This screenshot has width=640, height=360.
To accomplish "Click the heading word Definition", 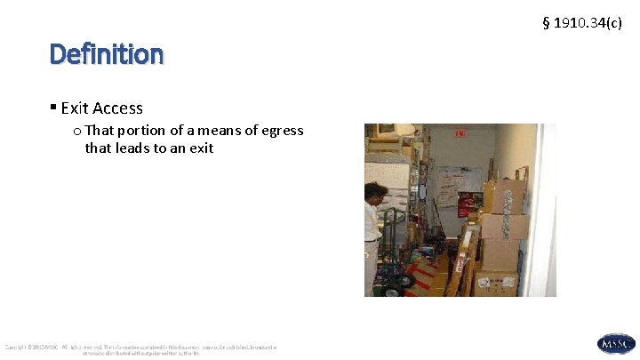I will (107, 55).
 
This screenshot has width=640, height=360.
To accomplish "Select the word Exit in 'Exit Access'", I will (76, 108).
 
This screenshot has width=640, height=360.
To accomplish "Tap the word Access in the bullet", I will (118, 108).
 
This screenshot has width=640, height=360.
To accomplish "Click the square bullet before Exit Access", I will (54, 108).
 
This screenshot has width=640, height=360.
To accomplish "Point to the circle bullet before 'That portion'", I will (78, 131).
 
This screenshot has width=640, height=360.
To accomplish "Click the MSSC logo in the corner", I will (616, 344).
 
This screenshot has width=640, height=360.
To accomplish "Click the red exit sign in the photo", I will (460, 133).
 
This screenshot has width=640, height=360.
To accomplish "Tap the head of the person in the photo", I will (375, 189).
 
